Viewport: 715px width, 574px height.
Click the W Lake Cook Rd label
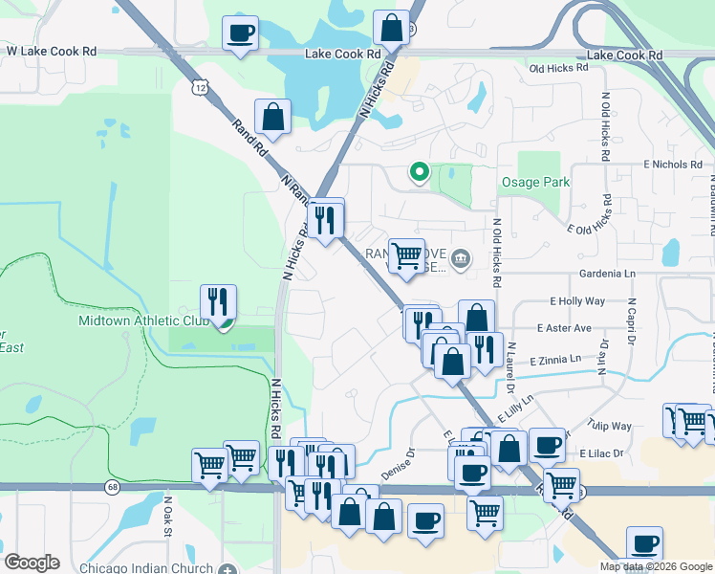click(x=52, y=49)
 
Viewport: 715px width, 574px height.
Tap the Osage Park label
click(x=535, y=182)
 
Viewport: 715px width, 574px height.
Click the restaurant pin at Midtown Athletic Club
click(x=219, y=303)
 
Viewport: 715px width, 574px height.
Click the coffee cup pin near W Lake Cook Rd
click(x=239, y=34)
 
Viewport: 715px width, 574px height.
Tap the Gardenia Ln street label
click(x=607, y=274)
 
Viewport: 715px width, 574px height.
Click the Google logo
click(x=32, y=562)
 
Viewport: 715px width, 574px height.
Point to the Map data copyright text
click(x=655, y=566)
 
